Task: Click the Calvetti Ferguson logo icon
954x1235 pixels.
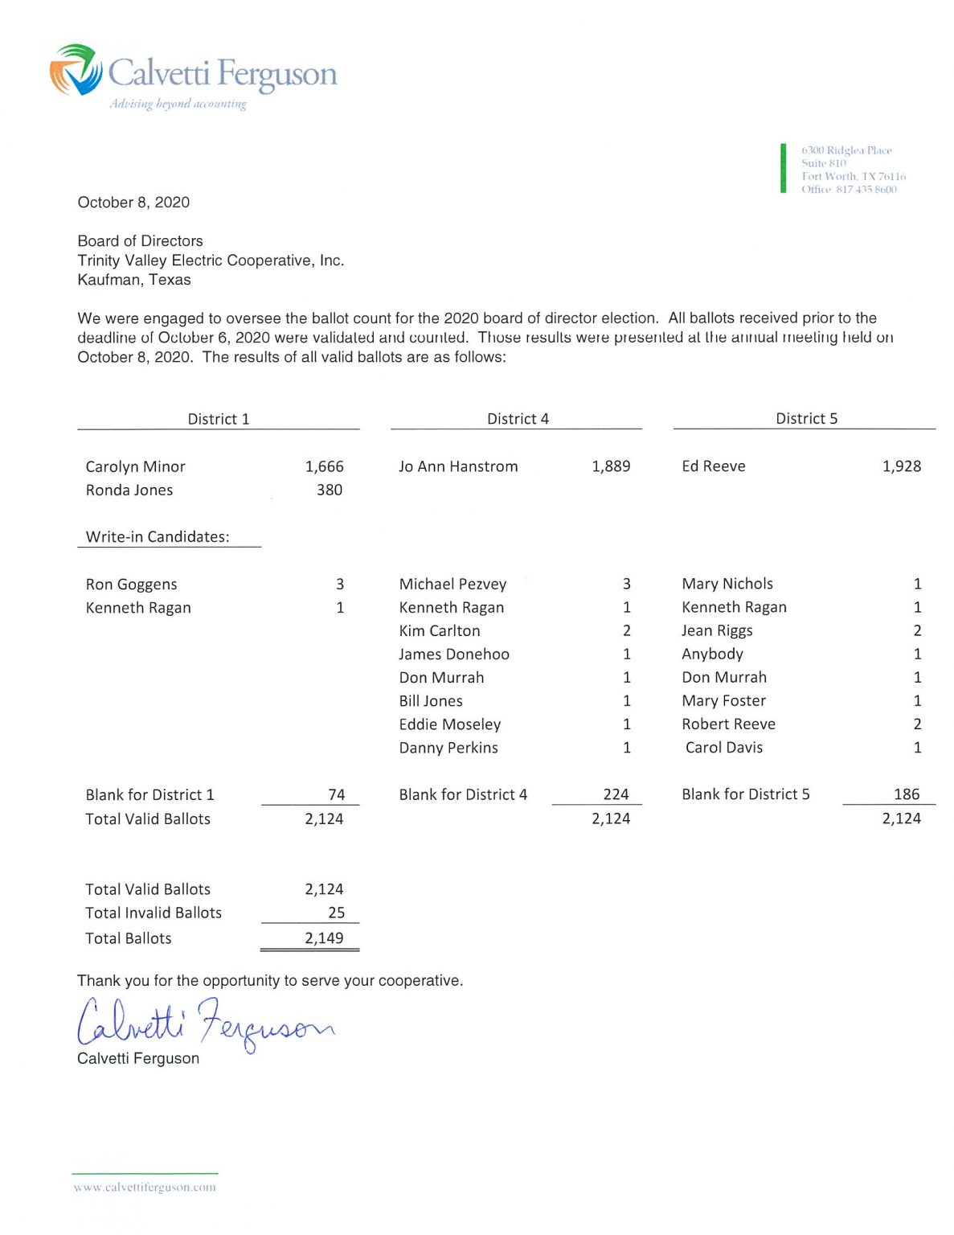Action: click(76, 70)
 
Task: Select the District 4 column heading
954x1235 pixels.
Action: click(518, 419)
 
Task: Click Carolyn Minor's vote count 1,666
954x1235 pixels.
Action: click(324, 466)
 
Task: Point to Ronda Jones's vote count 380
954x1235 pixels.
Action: click(330, 490)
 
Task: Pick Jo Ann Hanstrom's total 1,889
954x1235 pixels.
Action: click(611, 466)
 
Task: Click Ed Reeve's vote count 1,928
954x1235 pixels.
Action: click(901, 466)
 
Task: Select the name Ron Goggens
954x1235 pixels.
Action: click(131, 585)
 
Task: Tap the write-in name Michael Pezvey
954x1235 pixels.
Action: click(452, 584)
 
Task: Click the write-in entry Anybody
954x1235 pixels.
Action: click(712, 654)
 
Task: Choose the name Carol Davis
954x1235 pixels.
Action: click(723, 747)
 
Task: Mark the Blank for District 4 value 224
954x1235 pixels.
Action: click(616, 794)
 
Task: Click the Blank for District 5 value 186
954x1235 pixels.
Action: click(906, 794)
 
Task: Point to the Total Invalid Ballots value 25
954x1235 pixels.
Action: click(336, 913)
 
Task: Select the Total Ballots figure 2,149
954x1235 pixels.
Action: click(324, 938)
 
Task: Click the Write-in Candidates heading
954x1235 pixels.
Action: click(158, 537)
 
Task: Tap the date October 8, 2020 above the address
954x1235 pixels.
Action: click(133, 203)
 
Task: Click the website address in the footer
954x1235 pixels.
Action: click(145, 1187)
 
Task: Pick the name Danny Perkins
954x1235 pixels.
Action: click(448, 748)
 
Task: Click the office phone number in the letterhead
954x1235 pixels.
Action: click(866, 190)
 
